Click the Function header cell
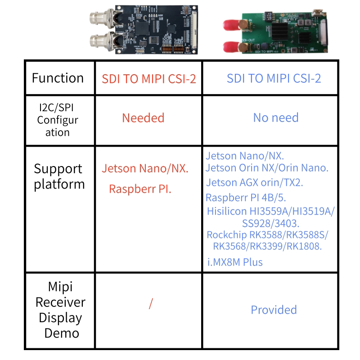[x=58, y=78]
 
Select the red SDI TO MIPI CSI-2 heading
[x=149, y=79]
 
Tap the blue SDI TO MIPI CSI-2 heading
[x=274, y=78]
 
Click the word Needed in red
[x=143, y=118]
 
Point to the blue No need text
[x=276, y=118]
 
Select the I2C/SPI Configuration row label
[x=58, y=120]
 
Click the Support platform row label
[x=59, y=176]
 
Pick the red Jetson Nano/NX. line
[x=145, y=168]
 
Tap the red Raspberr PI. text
[x=140, y=189]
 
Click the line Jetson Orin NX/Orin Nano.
[x=267, y=168]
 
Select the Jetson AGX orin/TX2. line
[x=254, y=183]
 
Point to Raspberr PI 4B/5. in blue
[x=246, y=198]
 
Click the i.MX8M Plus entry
[x=234, y=262]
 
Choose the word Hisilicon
[x=227, y=211]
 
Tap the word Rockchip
[x=227, y=235]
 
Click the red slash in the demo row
[x=151, y=303]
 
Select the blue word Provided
[x=274, y=310]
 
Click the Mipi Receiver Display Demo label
[x=61, y=310]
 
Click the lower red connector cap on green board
[x=232, y=47]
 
